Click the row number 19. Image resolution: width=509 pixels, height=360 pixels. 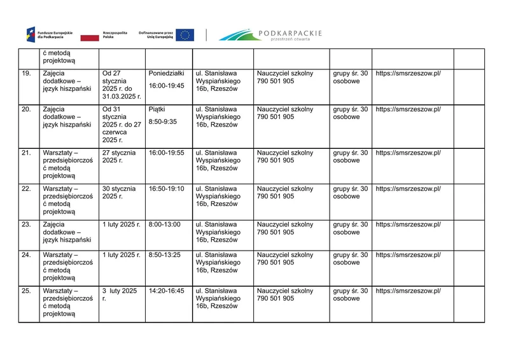click(x=26, y=74)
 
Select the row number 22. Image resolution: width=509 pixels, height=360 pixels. click(x=26, y=189)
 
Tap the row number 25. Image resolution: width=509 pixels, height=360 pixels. click(x=26, y=291)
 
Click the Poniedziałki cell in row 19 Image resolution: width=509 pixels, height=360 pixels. click(x=167, y=74)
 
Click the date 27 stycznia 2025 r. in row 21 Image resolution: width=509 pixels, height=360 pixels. click(x=119, y=157)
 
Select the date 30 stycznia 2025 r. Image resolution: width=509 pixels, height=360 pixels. click(x=119, y=193)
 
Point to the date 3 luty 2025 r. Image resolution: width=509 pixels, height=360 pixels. click(x=120, y=294)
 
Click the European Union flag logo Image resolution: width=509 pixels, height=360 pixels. click(x=185, y=35)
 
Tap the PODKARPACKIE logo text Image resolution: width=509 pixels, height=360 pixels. click(x=291, y=33)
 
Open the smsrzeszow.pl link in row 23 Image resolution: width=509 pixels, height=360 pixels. click(x=408, y=225)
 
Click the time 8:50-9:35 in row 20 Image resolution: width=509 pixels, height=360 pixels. click(x=162, y=121)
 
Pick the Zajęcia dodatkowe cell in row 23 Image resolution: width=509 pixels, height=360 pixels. click(x=67, y=232)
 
